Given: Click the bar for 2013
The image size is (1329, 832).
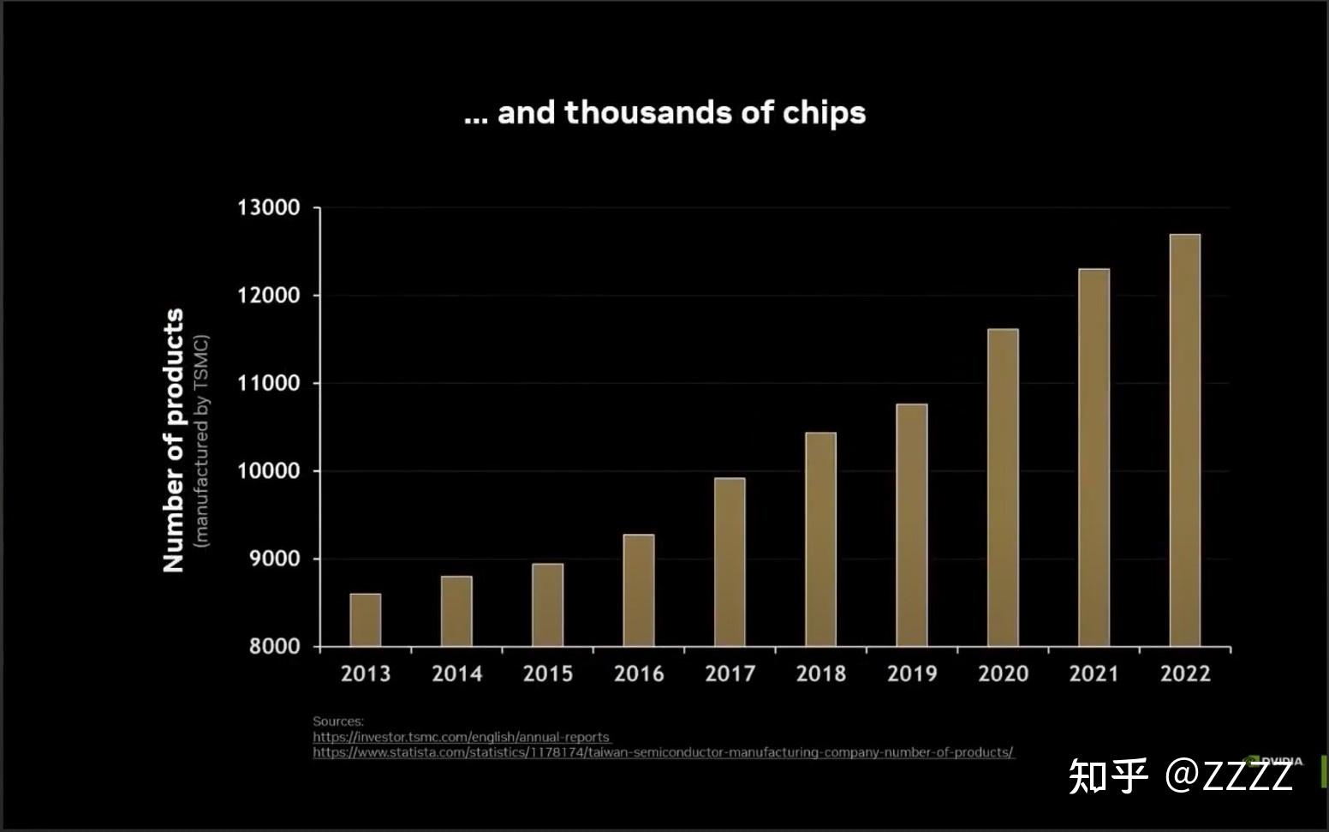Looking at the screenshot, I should coord(366,620).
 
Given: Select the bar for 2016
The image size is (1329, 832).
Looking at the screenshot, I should coord(639,590).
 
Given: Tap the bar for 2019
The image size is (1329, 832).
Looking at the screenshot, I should coord(912,524).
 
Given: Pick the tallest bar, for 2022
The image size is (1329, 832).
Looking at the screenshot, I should coord(1185,440).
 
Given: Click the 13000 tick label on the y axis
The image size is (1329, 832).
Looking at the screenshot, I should coord(269,207).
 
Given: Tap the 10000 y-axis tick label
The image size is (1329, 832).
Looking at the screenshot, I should coord(269,470).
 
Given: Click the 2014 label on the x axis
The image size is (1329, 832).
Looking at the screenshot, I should coord(456,673).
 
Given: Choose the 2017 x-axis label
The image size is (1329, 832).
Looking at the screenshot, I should coord(730,673).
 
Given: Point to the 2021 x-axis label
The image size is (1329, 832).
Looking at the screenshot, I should coord(1094,673).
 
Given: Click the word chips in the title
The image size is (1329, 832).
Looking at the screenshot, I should coord(824,113).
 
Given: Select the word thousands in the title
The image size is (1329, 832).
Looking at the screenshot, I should coord(647,112).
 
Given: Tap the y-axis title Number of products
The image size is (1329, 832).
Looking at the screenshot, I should coord(174,440).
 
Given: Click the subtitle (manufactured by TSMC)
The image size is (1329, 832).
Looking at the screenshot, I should coord(201,440).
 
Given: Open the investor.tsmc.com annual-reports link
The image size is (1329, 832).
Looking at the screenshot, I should coord(461,737).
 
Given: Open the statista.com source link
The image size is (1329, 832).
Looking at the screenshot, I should coord(663,752).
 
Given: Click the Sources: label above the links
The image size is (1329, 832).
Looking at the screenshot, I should coord(338,721).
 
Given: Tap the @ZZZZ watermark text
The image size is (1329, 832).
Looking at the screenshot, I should coord(1229,775).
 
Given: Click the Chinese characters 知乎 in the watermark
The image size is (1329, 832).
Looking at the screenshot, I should coord(1107,775).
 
